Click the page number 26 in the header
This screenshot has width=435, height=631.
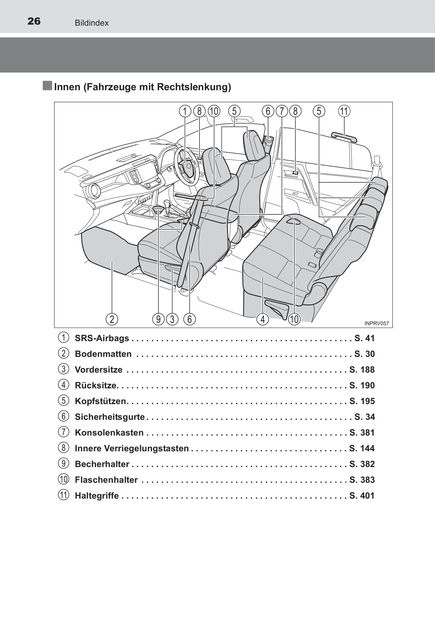34,21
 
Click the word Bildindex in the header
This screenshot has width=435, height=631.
92,23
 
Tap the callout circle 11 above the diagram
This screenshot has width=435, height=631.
344,111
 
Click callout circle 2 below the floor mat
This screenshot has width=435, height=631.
112,319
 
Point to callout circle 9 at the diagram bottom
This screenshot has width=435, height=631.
158,319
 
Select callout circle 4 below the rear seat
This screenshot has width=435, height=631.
262,319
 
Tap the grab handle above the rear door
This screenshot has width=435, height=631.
344,137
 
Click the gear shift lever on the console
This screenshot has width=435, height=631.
168,207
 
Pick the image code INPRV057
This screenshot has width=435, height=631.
376,324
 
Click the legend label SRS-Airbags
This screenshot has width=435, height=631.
102,338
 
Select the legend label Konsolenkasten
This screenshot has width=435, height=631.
109,432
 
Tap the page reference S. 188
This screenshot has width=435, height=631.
362,370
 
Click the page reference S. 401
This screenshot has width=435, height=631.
362,496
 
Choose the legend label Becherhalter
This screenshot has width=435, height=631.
102,464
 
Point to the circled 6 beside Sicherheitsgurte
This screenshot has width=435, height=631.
64,416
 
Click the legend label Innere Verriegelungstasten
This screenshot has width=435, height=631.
131,448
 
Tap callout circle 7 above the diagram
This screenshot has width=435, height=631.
281,111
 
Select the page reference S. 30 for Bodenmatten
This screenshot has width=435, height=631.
365,354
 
